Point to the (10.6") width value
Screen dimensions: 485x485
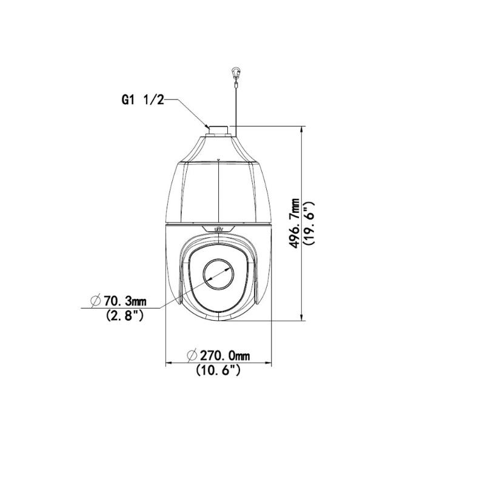pyautogui.click(x=218, y=370)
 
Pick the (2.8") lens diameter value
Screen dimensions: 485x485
pyautogui.click(x=124, y=315)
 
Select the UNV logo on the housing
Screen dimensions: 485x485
pyautogui.click(x=218, y=228)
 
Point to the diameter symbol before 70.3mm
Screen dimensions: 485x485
pyautogui.click(x=95, y=300)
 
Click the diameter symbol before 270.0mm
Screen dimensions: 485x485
pyautogui.click(x=190, y=355)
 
